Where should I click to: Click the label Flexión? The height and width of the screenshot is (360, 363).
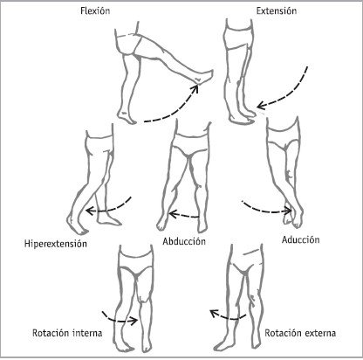95,10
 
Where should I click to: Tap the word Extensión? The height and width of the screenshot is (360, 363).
277,10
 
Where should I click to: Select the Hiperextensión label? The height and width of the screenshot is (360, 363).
56,244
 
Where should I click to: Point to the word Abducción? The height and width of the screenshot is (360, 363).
184,241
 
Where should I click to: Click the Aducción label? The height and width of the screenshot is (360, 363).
300,239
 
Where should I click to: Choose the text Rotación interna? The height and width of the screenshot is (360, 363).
67,333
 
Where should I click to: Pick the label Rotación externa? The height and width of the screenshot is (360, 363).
300,333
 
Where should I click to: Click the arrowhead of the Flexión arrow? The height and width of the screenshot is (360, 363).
196,87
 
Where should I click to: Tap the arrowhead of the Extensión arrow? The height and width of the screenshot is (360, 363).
261,105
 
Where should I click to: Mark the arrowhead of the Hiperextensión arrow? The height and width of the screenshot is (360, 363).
90,211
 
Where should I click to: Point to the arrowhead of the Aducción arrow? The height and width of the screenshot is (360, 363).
289,211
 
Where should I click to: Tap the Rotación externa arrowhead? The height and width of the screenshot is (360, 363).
214,313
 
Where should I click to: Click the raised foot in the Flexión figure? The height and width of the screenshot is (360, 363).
204,77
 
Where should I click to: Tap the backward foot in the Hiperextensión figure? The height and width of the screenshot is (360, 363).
76,225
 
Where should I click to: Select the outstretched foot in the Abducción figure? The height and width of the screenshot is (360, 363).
161,223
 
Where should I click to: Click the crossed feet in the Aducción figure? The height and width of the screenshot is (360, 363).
293,220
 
